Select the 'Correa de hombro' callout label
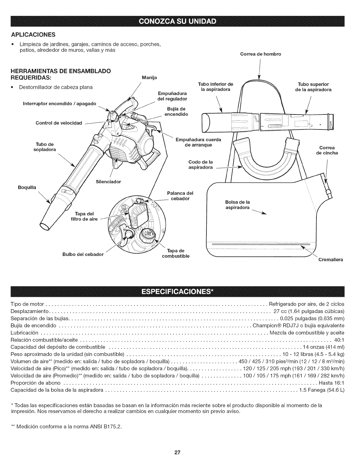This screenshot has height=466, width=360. (x=261, y=54)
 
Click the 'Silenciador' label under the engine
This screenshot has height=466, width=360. (x=109, y=182)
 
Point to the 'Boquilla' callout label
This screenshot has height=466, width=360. (x=27, y=187)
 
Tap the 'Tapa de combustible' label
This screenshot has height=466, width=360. (x=176, y=253)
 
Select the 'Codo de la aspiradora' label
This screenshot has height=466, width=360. (x=200, y=165)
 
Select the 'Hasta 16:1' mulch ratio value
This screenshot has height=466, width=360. (x=331, y=383)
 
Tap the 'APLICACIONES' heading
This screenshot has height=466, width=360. (x=33, y=35)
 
